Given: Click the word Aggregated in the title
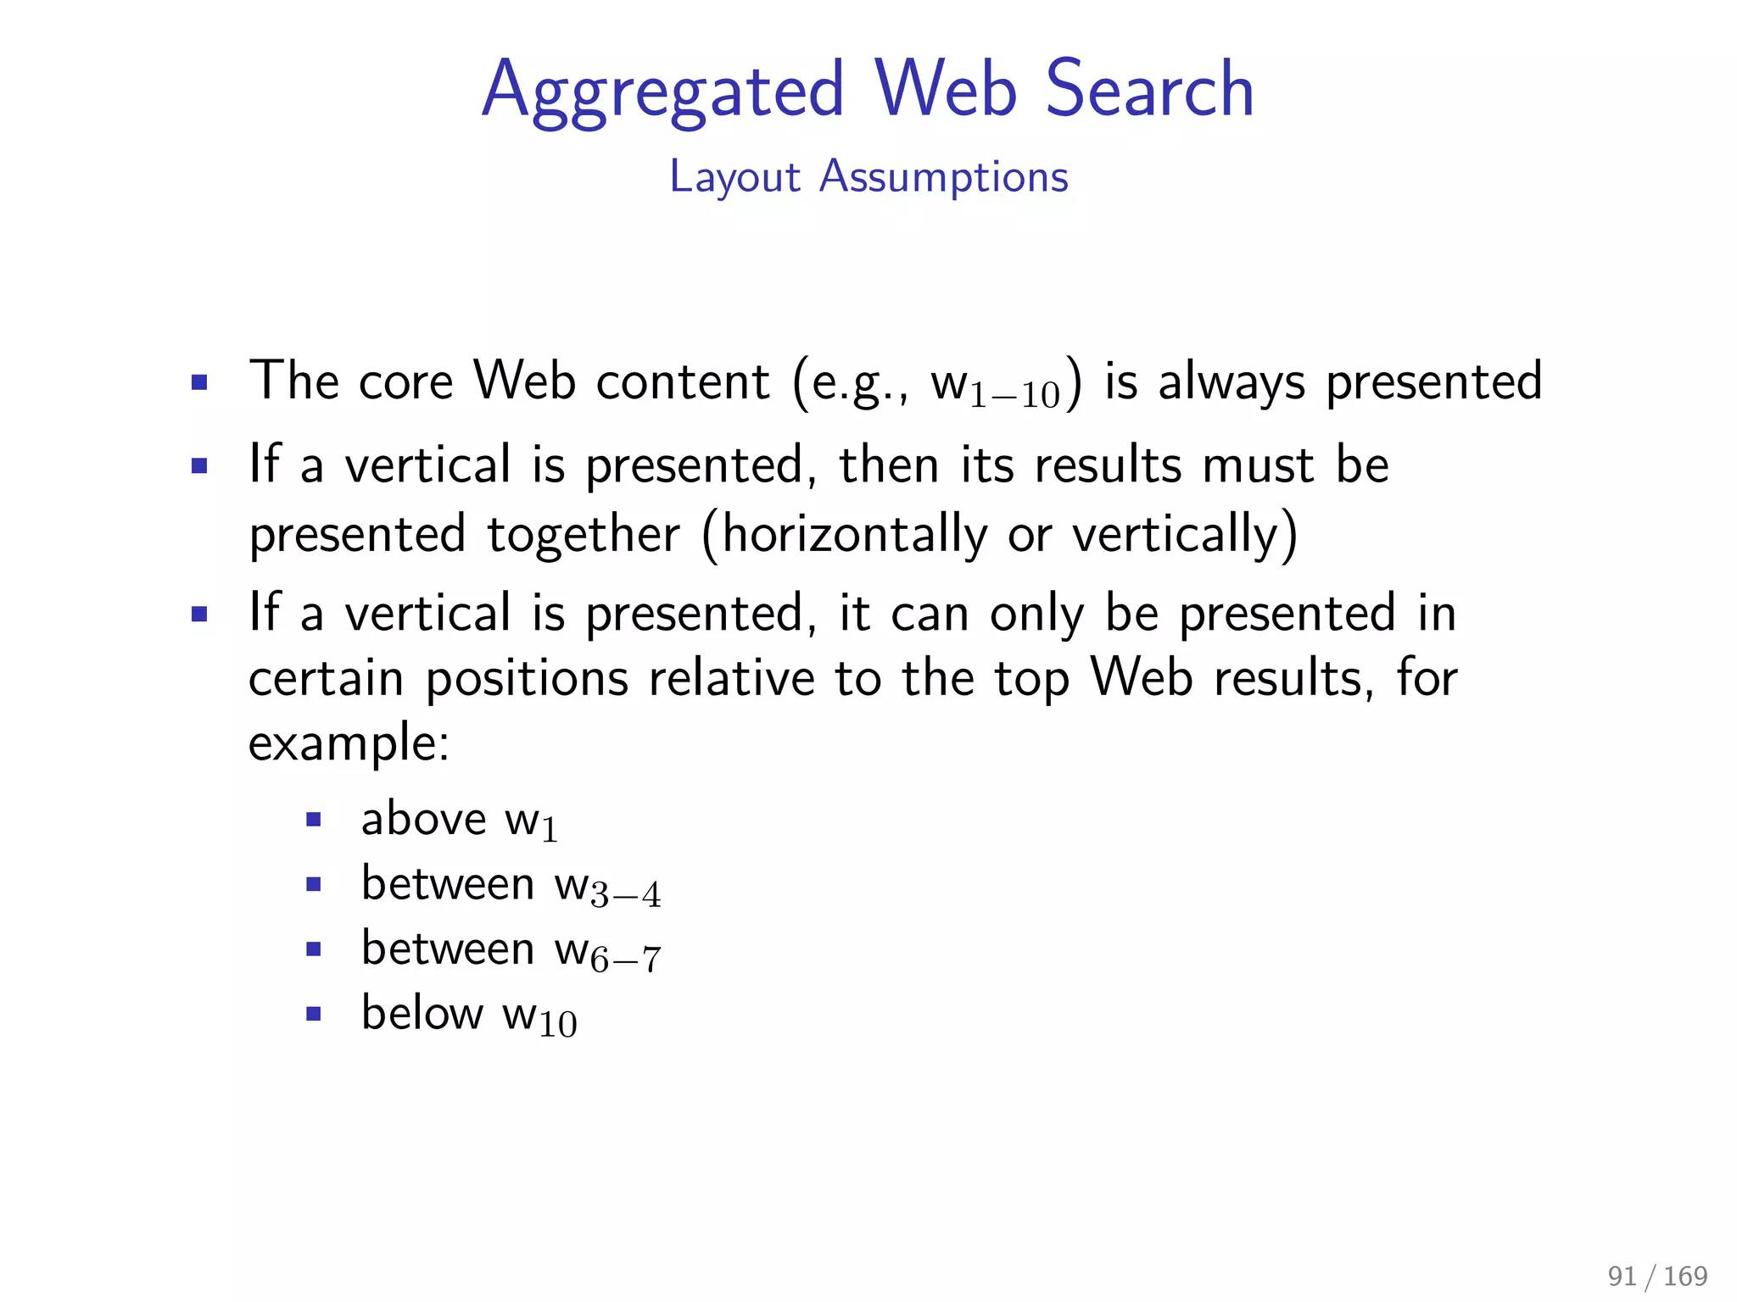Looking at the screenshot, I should coord(663,90).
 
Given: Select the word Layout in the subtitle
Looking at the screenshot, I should coord(734,177).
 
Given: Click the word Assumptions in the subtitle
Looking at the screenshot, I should coord(943,177).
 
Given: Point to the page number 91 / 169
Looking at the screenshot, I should coord(1656,1276).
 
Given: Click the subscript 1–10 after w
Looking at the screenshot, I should coord(1014,395).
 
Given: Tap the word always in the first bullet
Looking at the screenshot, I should coord(1232,381).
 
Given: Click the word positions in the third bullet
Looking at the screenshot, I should coord(527,678).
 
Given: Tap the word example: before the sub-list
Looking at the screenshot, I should coord(349,743).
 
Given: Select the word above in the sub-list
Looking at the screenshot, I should coord(423,819).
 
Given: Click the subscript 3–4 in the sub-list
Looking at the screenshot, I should coord(625,895).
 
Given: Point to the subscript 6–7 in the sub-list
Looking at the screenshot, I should coord(625,960).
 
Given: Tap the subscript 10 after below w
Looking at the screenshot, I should coord(557,1025).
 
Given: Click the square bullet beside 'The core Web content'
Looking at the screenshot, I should coord(199,382).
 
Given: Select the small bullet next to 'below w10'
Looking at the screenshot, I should coord(314,1014).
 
